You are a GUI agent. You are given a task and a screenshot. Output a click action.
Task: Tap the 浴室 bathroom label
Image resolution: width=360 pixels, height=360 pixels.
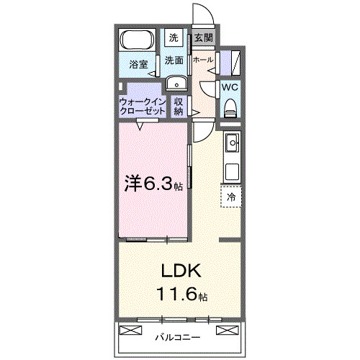click(139, 65)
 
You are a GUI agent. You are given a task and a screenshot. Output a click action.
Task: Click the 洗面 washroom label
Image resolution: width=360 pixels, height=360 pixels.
click(174, 60)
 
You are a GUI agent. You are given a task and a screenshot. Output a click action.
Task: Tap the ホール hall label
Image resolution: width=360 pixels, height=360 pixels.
click(203, 60)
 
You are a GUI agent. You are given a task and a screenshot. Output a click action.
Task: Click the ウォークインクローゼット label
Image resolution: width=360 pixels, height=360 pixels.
click(141, 107)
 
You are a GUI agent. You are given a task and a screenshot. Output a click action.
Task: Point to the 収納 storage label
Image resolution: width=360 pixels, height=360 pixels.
click(179, 107)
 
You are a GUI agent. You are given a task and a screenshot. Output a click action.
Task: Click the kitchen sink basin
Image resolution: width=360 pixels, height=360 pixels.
click(231, 145)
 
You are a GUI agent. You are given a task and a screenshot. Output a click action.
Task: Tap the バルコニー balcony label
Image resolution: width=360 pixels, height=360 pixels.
click(179, 336)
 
